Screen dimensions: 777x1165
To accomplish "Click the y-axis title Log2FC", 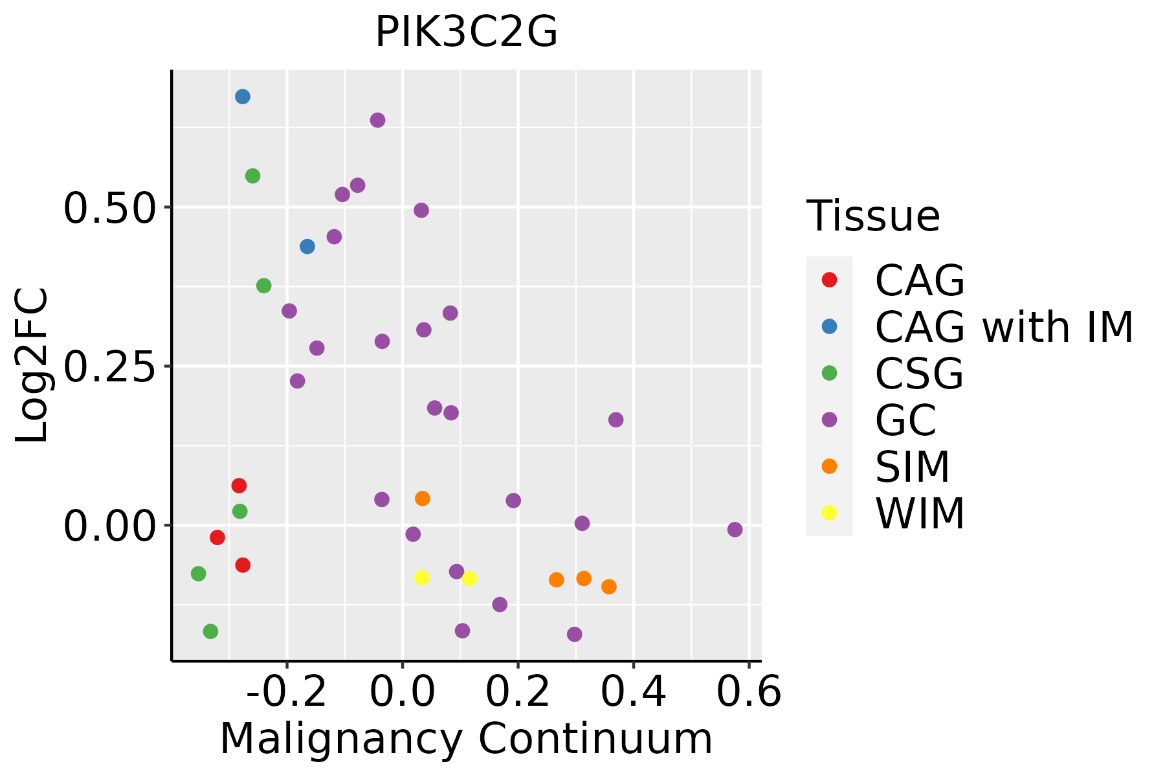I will point(32,366).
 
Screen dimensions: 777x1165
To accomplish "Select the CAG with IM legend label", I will point(1004,327).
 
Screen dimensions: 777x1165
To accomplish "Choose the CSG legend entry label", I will point(919,374).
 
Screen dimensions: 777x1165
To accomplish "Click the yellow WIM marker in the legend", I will point(829,513).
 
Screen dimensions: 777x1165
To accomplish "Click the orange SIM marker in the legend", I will point(829,466).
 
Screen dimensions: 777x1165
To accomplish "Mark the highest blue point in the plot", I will point(243,97).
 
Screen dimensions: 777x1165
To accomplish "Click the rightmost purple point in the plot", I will point(735,530).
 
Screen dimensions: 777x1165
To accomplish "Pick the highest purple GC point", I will point(377,120).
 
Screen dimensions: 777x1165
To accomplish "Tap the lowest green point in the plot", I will point(210,631).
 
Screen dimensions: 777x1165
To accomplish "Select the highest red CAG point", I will point(239,486).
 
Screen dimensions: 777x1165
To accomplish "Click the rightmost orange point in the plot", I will point(608,587).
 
